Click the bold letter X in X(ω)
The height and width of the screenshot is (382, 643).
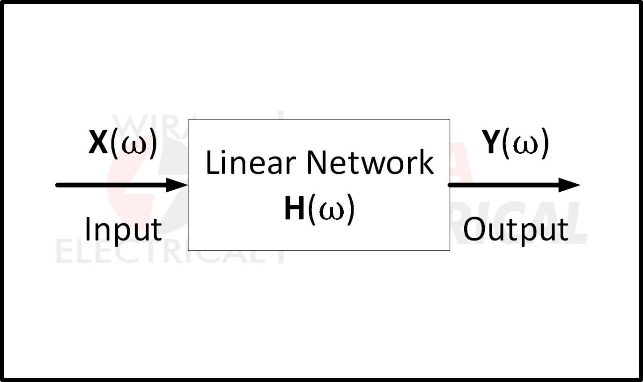click(x=98, y=142)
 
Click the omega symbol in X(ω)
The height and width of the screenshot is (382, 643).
click(x=134, y=145)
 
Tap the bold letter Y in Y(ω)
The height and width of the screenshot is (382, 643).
click(x=491, y=142)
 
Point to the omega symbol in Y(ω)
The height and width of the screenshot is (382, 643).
click(x=525, y=145)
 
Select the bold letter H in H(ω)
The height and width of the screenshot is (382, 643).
click(x=294, y=208)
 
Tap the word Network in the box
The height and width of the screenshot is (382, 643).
click(x=370, y=163)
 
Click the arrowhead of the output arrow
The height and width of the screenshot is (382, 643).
click(x=569, y=185)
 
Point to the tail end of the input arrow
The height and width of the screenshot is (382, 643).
click(x=57, y=185)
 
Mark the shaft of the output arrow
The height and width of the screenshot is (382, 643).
click(x=503, y=185)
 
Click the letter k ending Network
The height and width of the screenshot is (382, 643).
click(x=427, y=162)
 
